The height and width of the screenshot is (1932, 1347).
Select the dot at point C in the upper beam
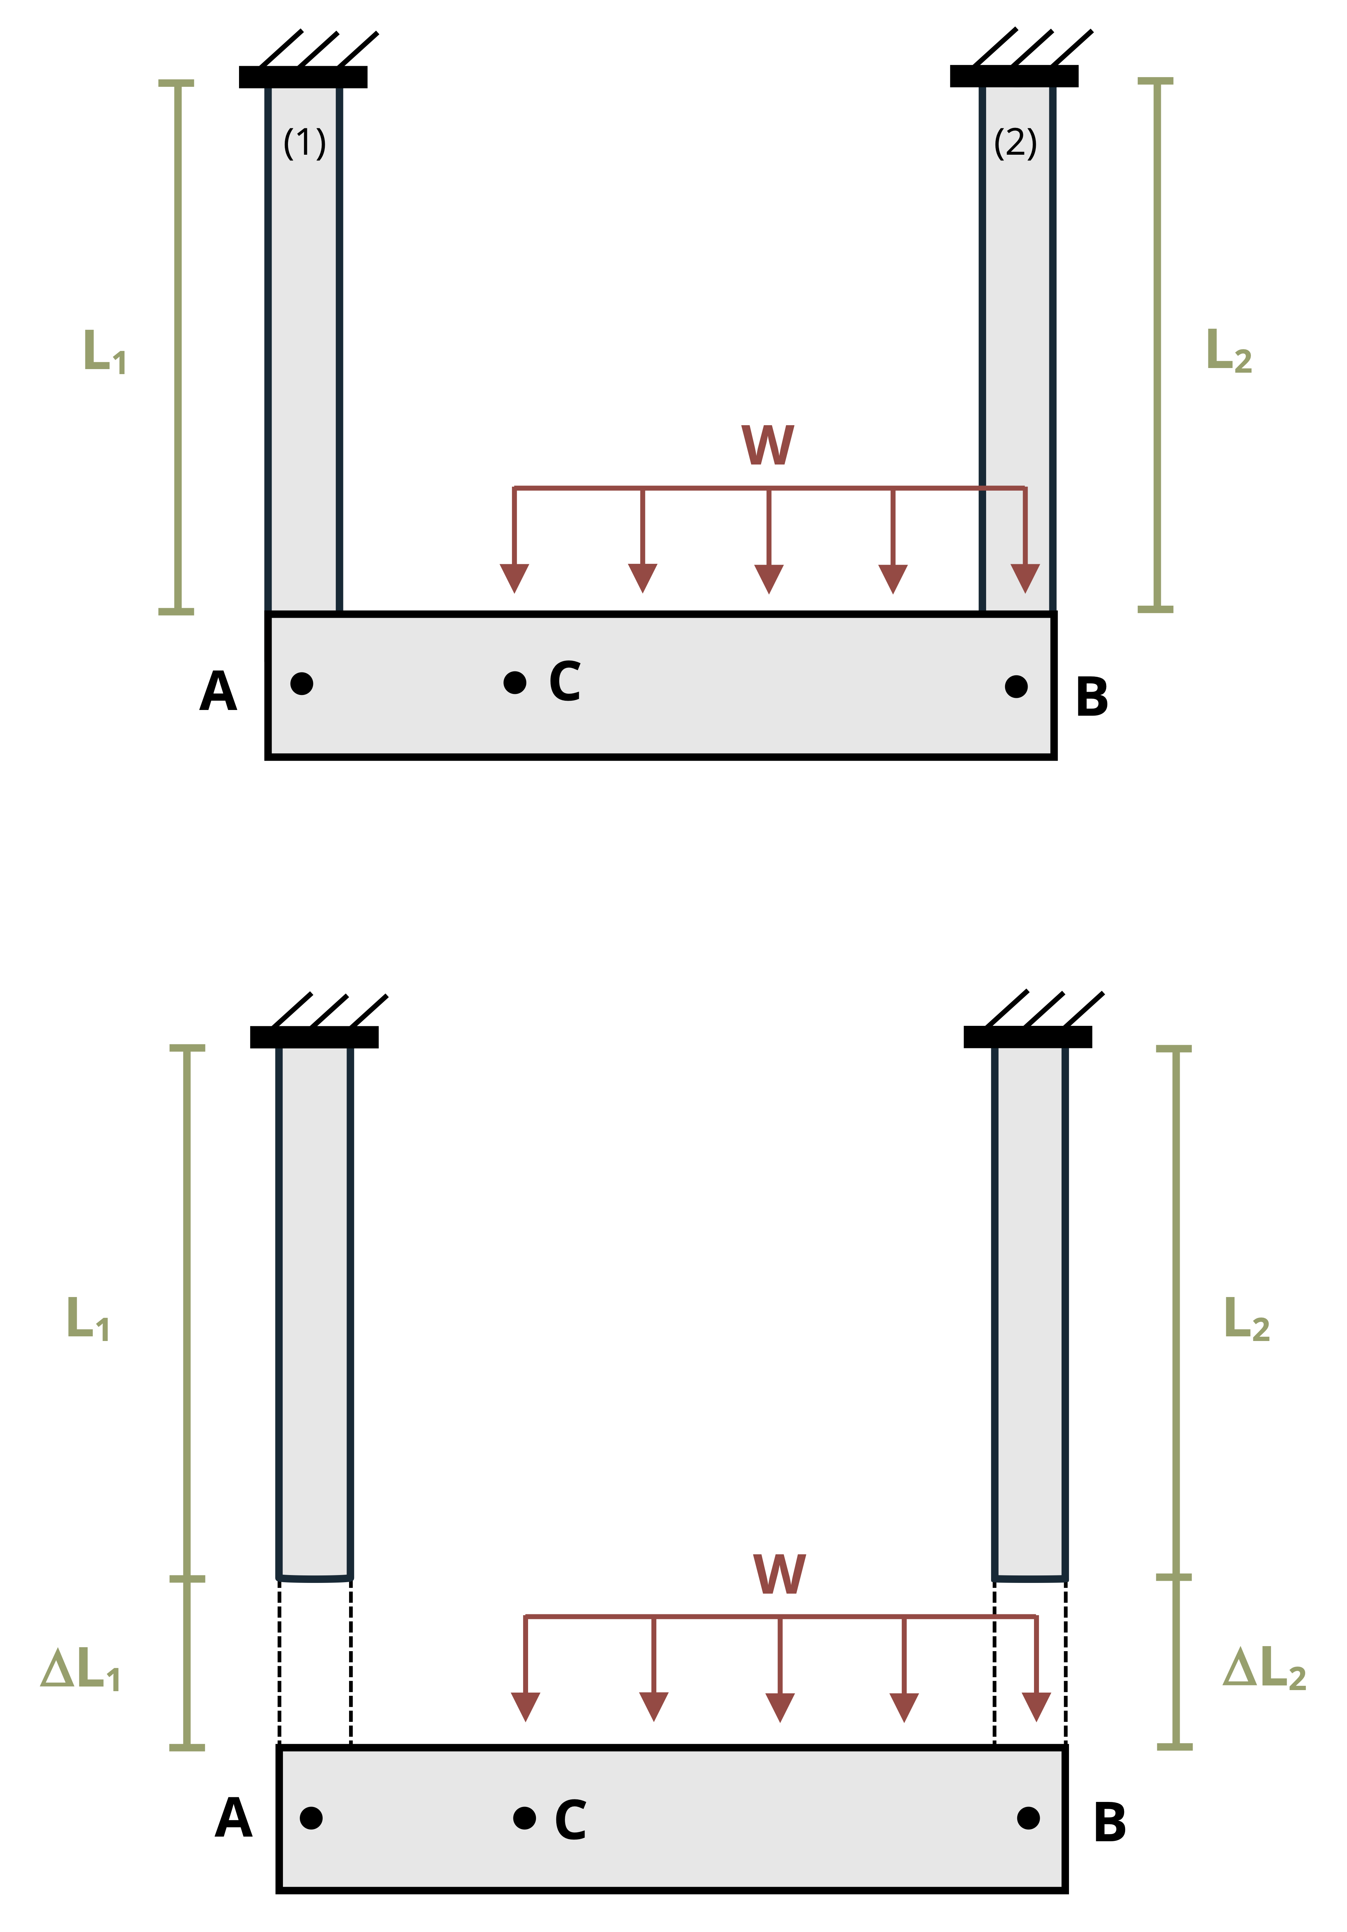pyautogui.click(x=514, y=682)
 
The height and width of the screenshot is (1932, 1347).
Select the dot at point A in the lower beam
pyautogui.click(x=311, y=1818)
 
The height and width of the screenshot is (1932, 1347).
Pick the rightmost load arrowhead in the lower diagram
pyautogui.click(x=1036, y=1706)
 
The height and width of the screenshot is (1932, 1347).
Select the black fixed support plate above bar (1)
pyautogui.click(x=303, y=76)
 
